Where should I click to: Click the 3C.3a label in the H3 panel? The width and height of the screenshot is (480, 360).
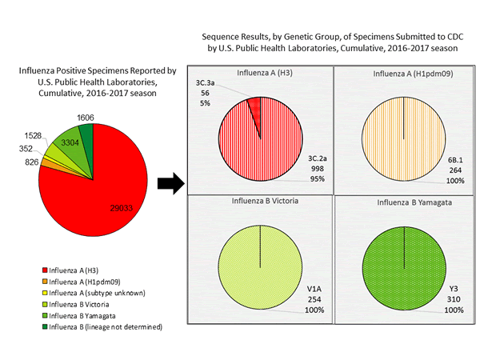click(x=207, y=82)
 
